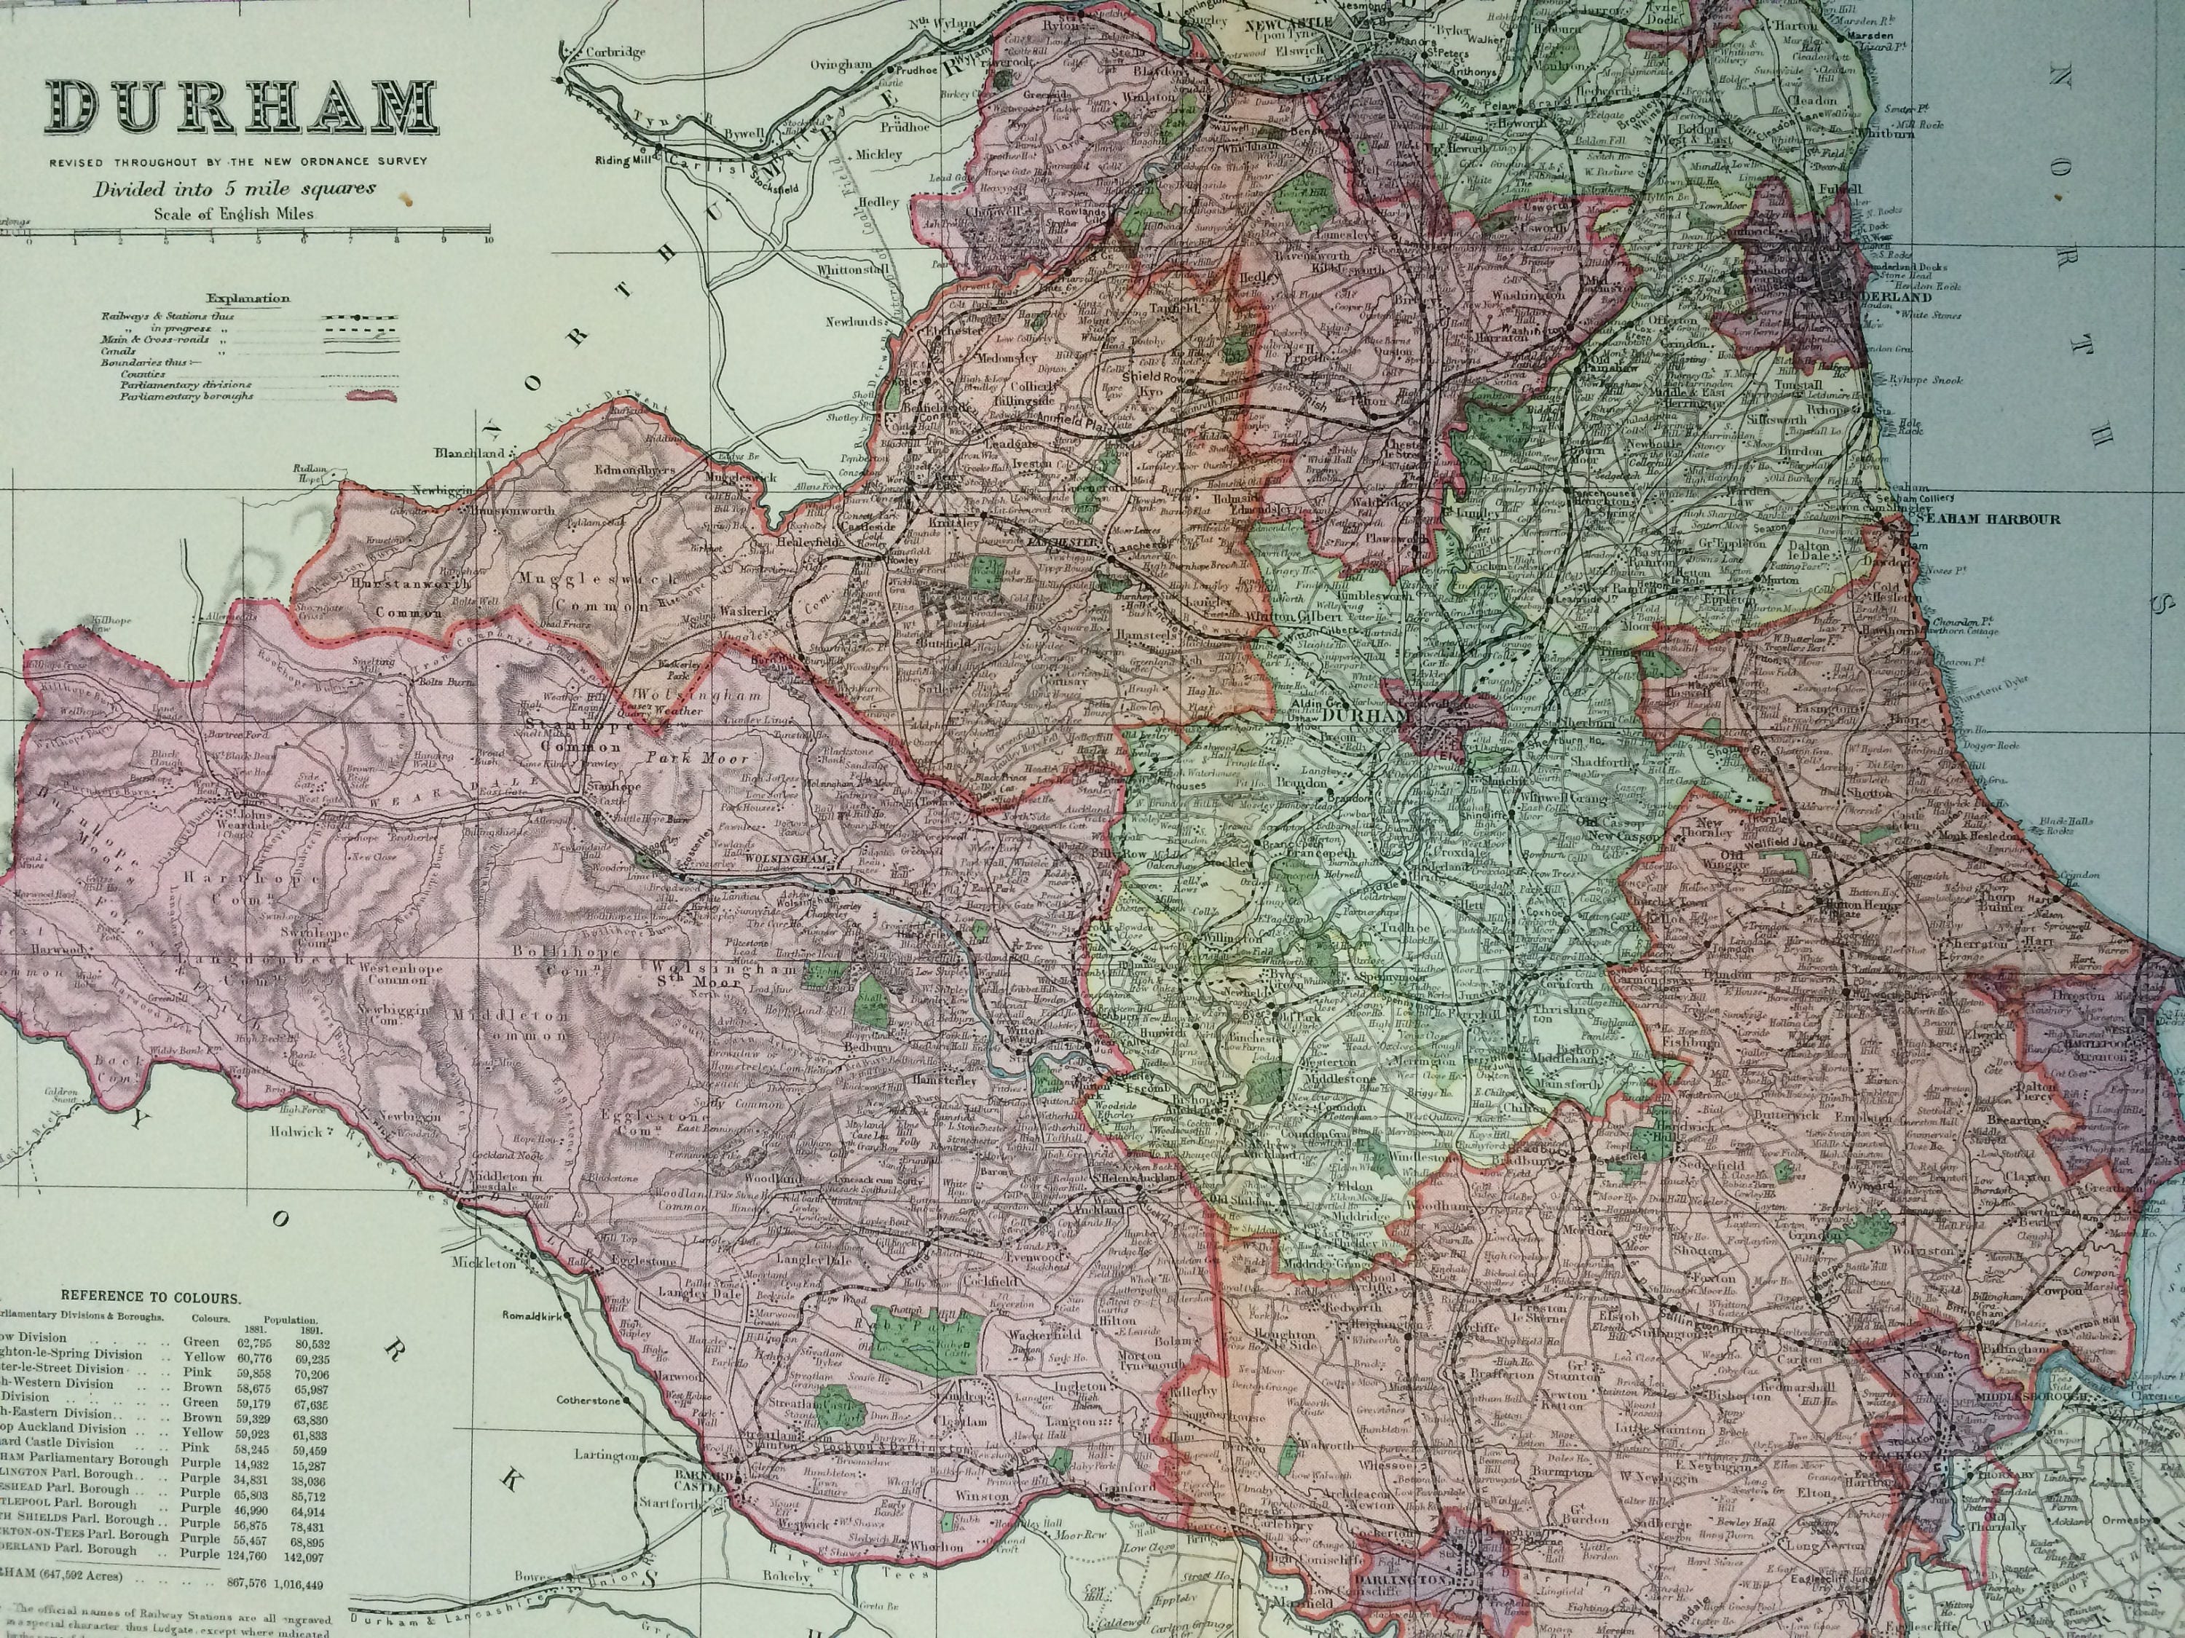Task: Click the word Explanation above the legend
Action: (248, 298)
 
